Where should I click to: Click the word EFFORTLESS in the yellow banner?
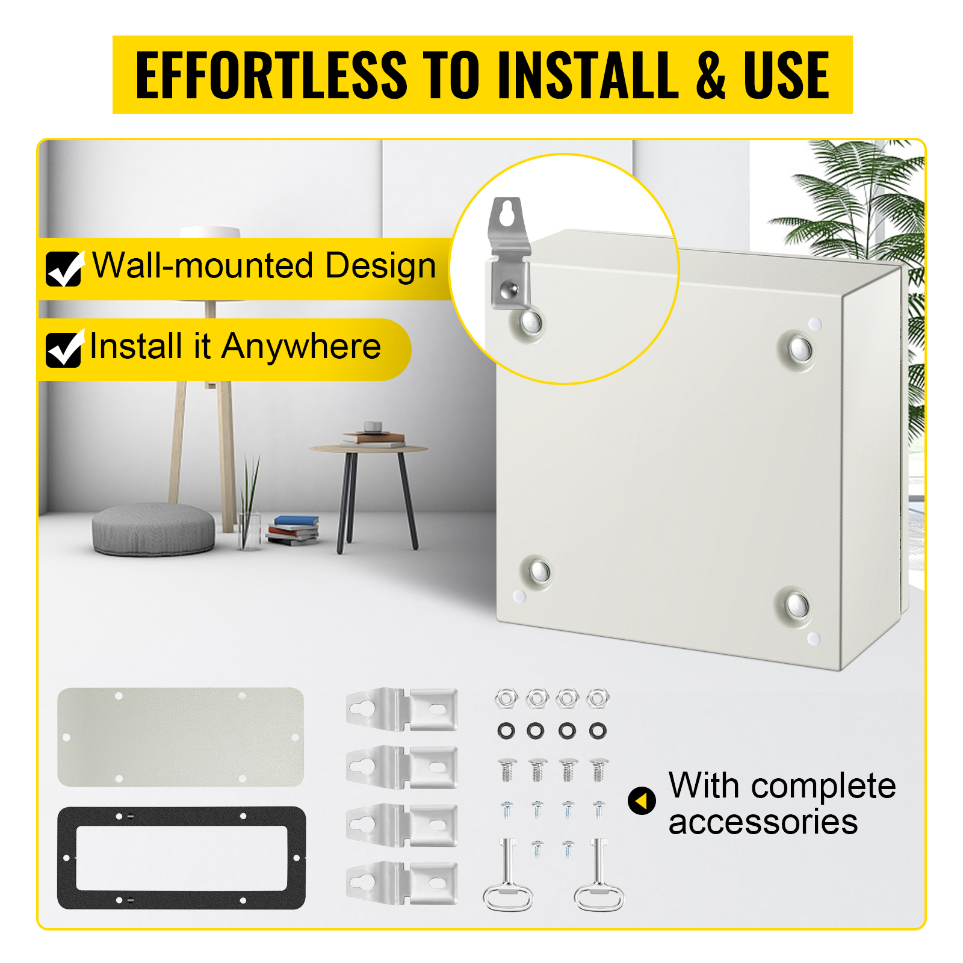tap(271, 75)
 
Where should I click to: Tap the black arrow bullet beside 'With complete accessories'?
tap(642, 800)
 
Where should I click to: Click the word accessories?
tap(763, 822)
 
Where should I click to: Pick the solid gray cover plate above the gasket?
tap(181, 737)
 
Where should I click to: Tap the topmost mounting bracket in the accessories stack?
tap(401, 710)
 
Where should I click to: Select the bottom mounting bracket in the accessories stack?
tap(401, 883)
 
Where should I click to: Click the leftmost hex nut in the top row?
tap(506, 699)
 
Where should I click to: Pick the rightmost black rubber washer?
tap(598, 731)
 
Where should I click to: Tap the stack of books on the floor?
tap(293, 530)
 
